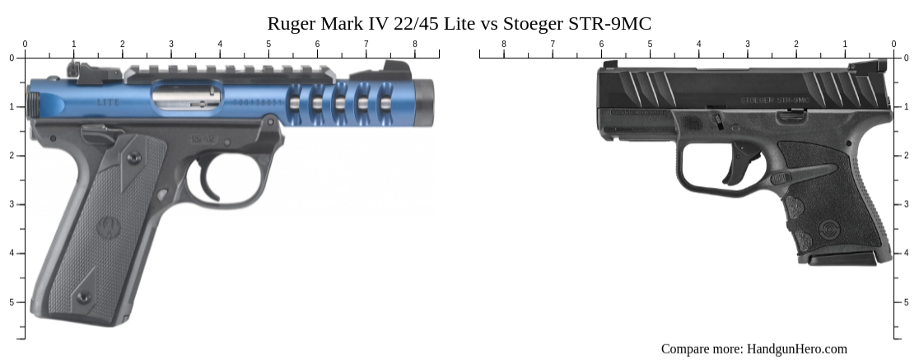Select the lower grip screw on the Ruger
(x=82, y=297)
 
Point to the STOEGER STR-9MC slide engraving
(x=775, y=100)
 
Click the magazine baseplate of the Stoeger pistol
(x=841, y=259)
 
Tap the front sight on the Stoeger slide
(x=609, y=64)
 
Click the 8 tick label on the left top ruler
(x=414, y=44)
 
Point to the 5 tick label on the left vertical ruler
(x=11, y=302)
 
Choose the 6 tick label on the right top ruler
(x=601, y=44)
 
